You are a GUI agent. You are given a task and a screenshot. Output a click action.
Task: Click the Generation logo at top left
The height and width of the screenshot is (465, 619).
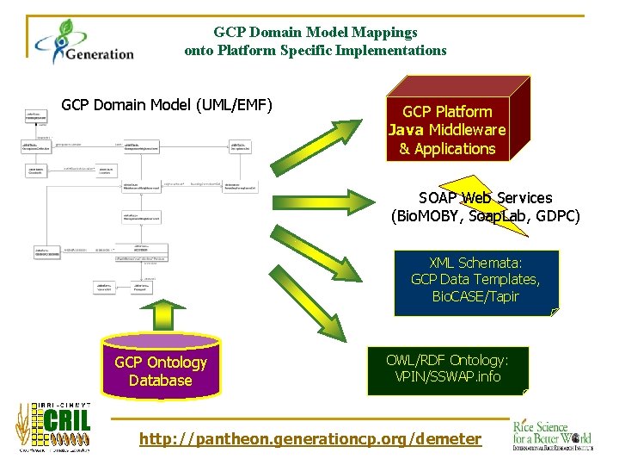click(83, 42)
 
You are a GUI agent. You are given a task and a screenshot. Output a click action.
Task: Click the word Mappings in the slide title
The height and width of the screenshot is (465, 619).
click(381, 32)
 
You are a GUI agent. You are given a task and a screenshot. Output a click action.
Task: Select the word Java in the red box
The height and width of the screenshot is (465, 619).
click(407, 130)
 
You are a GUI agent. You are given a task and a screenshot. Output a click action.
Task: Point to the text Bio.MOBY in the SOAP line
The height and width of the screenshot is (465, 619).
click(425, 216)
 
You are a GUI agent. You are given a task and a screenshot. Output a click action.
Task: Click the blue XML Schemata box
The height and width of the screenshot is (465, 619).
click(475, 282)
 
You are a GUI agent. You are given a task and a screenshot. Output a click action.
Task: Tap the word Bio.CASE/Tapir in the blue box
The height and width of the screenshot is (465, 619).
click(475, 296)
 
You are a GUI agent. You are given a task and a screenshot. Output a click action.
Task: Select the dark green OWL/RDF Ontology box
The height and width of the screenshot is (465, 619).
click(447, 369)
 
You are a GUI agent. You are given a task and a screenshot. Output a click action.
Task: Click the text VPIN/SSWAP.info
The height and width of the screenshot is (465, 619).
click(447, 377)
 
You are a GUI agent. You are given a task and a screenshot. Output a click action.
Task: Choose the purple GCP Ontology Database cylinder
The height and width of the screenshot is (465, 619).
click(161, 370)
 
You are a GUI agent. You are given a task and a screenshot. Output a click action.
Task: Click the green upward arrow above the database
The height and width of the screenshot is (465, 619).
click(161, 318)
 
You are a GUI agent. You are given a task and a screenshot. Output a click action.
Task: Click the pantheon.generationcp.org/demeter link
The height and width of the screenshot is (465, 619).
click(310, 439)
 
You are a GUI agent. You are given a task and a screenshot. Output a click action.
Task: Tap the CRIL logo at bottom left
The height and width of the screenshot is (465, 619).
click(53, 427)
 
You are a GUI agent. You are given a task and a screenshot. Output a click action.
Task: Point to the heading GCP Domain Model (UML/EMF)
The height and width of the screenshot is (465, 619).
click(167, 106)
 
